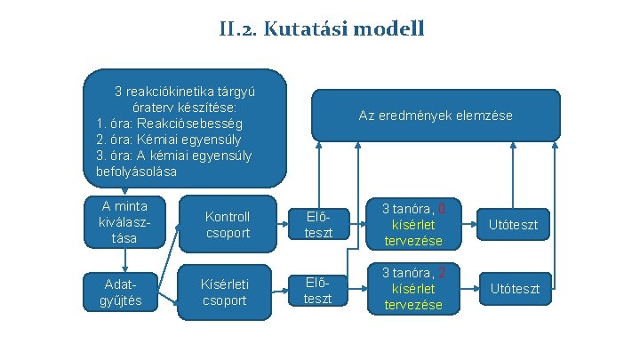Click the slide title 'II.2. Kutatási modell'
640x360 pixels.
click(321, 29)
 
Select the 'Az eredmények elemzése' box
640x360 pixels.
click(436, 116)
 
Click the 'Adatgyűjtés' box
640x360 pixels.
click(125, 291)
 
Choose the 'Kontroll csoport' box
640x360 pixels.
click(228, 224)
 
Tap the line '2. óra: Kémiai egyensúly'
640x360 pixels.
click(168, 139)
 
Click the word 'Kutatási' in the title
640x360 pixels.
click(310, 29)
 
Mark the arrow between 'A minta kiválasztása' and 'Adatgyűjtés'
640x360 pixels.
click(125, 257)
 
